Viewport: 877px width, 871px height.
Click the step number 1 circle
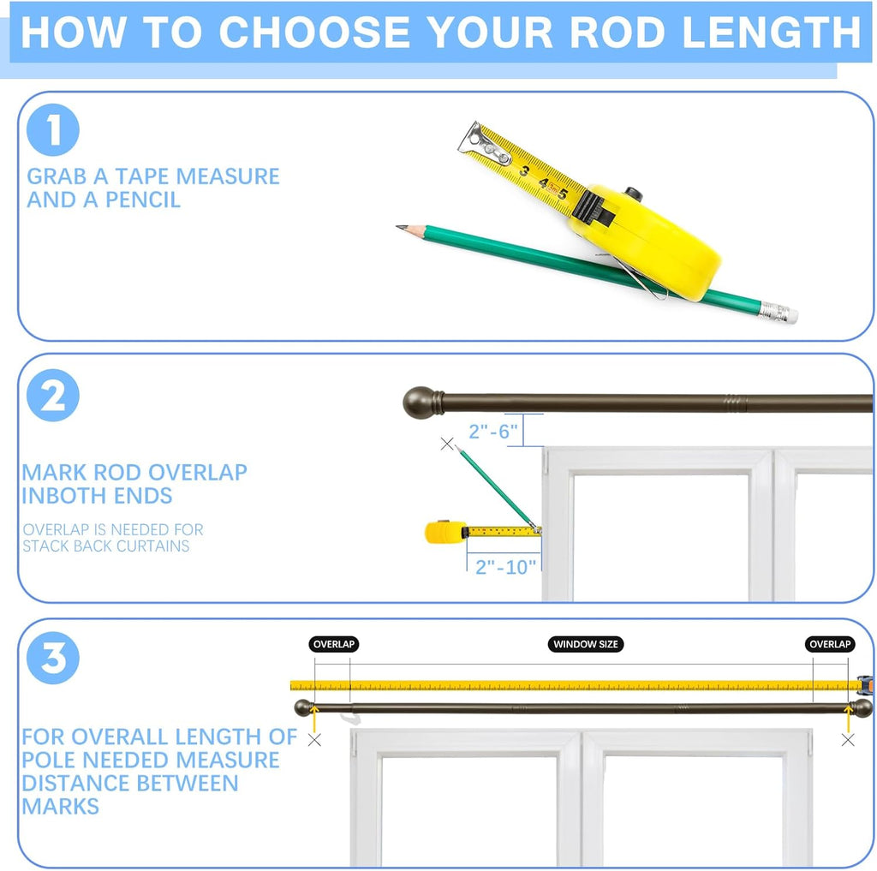[x=53, y=130]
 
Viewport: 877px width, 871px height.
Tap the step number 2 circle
[x=53, y=395]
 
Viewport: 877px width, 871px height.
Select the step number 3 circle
[x=53, y=658]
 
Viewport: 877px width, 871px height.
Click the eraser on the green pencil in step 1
[x=789, y=314]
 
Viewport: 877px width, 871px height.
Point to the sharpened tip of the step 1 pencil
[x=397, y=227]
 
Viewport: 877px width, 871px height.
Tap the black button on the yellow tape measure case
[x=634, y=194]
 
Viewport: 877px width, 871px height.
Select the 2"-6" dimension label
[x=493, y=432]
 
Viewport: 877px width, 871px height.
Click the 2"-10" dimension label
[x=505, y=567]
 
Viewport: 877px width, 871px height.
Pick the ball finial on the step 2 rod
[x=420, y=402]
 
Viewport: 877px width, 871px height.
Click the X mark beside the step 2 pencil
[x=447, y=444]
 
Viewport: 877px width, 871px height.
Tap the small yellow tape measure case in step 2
[x=445, y=532]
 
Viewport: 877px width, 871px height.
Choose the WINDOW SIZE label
[x=586, y=644]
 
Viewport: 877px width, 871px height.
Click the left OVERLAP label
[x=334, y=644]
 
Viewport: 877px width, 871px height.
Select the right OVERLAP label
[x=830, y=644]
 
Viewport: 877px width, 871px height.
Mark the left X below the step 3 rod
[x=315, y=740]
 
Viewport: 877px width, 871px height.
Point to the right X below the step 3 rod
[x=848, y=740]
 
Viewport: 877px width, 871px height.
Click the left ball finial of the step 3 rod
[x=304, y=707]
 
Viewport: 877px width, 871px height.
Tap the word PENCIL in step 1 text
[x=143, y=200]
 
